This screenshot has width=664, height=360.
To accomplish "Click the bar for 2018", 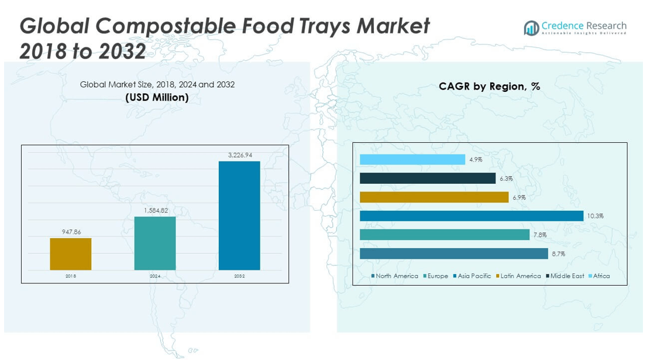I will pos(71,254).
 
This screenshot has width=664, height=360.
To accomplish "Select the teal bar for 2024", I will pos(155,244).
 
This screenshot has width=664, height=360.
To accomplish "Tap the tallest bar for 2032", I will pos(239,215).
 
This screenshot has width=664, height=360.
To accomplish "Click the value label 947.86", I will pos(71,232).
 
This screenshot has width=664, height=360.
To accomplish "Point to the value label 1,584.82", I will pos(155,211).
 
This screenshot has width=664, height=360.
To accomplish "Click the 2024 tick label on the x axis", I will pos(155,276).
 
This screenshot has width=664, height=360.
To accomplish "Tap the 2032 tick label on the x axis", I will pos(239,276).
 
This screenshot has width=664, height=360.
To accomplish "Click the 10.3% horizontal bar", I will pos(472,216).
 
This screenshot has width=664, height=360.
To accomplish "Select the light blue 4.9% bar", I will pos(412,159).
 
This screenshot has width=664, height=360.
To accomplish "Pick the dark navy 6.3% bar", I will pos(428,178).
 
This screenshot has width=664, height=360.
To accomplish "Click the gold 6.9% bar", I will pos(434,197).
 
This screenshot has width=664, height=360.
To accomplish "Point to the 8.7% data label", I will pos(558,254).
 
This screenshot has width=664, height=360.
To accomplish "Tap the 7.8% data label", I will pos(539,235).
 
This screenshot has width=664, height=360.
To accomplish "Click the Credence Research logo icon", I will pos(531,28).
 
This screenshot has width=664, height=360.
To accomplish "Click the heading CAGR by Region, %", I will pos(489,87).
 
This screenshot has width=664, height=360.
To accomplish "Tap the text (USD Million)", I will pos(157,97).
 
